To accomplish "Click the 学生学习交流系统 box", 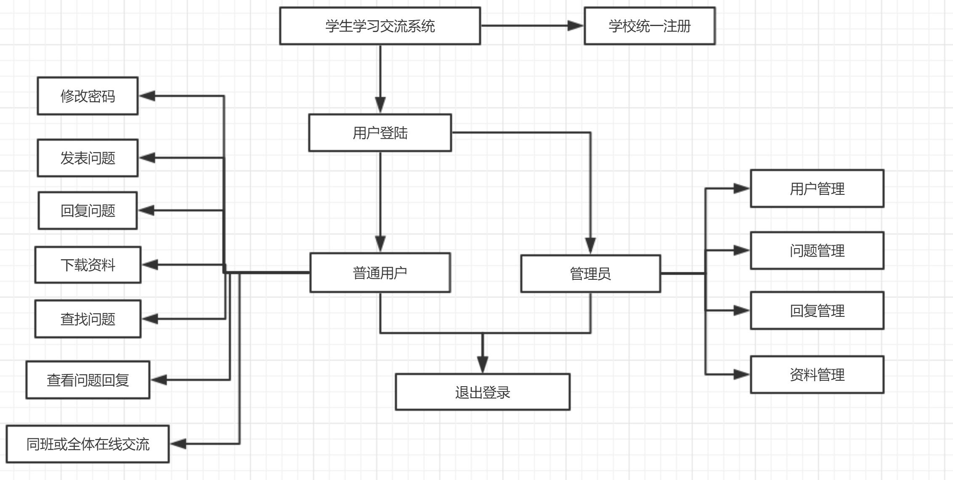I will [x=380, y=26].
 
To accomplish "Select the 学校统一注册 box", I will [x=649, y=26].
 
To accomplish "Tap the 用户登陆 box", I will [x=380, y=133].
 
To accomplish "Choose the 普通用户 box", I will [x=380, y=273].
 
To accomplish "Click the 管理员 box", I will [x=590, y=273].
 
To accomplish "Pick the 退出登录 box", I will [x=483, y=392].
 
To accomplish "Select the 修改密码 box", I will [x=88, y=96].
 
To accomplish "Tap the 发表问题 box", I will [x=88, y=158].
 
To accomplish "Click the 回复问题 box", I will [x=88, y=210].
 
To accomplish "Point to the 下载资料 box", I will [x=88, y=265].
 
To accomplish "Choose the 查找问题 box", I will [x=88, y=319].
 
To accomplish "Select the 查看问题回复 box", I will [x=88, y=380].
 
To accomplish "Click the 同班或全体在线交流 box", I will [x=88, y=444].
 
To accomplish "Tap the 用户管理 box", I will [x=817, y=188].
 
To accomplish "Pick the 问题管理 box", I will [x=817, y=250].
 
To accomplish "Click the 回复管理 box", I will [x=817, y=310].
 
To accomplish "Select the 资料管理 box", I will [x=817, y=374].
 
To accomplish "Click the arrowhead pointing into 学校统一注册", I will [x=575, y=26].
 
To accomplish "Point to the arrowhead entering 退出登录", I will [x=483, y=364].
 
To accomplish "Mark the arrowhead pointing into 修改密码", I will [x=147, y=96].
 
